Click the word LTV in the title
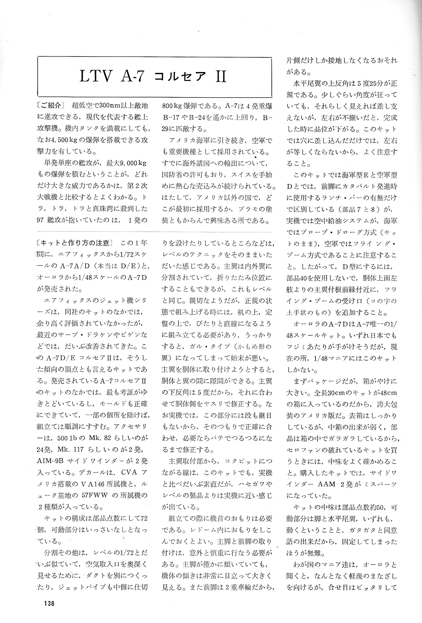[96, 76]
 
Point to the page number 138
[49, 603]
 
